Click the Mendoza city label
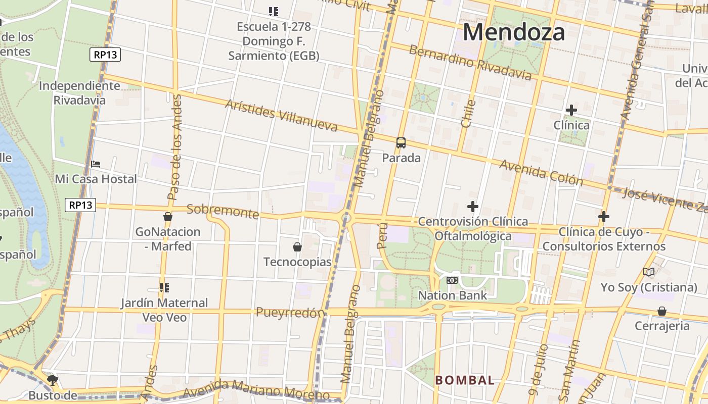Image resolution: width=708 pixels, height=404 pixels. [513, 32]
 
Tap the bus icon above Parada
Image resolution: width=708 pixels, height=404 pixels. [401, 143]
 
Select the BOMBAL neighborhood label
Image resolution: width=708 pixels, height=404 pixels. [465, 380]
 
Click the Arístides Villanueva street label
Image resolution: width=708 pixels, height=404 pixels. [281, 116]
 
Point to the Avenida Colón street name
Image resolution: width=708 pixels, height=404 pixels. [541, 173]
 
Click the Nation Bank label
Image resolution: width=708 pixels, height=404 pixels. [452, 295]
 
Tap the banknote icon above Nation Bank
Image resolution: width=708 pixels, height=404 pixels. [452, 280]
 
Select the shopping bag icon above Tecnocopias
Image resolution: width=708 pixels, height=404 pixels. [297, 247]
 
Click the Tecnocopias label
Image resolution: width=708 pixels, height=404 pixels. [297, 262]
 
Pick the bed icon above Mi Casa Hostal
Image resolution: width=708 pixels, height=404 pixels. [96, 164]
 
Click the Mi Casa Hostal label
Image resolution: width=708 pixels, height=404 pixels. [96, 179]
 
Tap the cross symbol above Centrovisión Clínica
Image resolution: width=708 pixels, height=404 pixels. [473, 206]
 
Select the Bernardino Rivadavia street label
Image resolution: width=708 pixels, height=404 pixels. [470, 63]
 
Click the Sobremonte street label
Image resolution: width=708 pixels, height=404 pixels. [223, 211]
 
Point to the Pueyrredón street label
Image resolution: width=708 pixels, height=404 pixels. [290, 313]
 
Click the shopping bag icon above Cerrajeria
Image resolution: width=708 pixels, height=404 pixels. [661, 311]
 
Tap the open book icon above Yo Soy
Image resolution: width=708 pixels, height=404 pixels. [649, 272]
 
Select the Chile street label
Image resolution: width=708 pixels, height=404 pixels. [468, 114]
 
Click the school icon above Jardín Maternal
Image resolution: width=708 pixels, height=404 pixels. [164, 288]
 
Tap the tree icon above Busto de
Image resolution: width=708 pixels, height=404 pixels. [52, 379]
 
